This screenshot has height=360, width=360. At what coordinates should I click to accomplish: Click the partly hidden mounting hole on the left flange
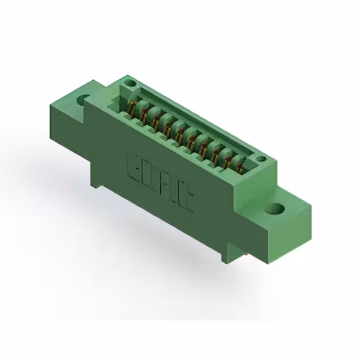[82, 100]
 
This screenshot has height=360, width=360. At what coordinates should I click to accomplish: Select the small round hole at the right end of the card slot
[261, 160]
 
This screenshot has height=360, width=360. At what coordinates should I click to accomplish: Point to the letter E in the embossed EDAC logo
[136, 164]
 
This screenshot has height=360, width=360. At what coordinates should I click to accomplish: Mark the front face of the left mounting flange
[67, 121]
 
